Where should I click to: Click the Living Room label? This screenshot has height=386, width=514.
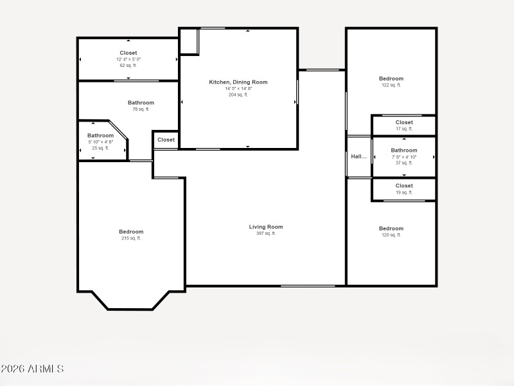[x=266, y=226]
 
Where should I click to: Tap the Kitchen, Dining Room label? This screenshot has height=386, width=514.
[x=238, y=82]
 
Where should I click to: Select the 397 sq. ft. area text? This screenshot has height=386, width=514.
[x=266, y=234]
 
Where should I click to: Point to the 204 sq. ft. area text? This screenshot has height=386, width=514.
[x=238, y=95]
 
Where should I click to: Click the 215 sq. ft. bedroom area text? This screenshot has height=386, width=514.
[x=131, y=238]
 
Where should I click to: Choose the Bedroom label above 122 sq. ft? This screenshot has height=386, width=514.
[x=391, y=78]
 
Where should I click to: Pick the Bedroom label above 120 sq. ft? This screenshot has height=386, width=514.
[x=391, y=228]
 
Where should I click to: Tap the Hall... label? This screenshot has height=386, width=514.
[x=359, y=156]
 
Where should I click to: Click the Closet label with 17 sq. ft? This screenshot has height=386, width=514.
[x=404, y=122]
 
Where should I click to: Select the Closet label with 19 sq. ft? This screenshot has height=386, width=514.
[x=404, y=186]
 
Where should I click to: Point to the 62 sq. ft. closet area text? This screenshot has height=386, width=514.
[x=128, y=66]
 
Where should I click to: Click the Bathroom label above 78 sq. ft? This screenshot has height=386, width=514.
[x=141, y=102]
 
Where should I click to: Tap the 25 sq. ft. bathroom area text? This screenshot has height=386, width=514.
[x=100, y=148]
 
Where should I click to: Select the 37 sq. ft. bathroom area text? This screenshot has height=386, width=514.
[x=404, y=163]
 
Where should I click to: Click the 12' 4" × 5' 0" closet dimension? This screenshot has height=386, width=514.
[x=128, y=59]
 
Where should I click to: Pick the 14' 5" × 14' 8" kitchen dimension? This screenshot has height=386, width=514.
[x=238, y=88]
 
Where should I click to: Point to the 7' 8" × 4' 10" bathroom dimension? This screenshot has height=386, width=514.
[x=404, y=157]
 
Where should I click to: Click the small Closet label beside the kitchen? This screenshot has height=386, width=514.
[x=166, y=140]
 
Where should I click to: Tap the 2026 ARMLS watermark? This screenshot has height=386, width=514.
[x=32, y=369]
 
